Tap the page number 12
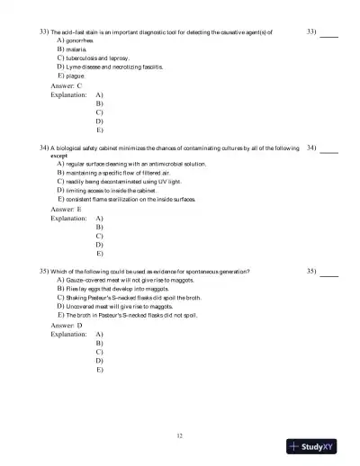[180, 435]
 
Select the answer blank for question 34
[329, 148]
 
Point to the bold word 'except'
[58, 156]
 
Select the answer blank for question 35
[329, 271]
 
